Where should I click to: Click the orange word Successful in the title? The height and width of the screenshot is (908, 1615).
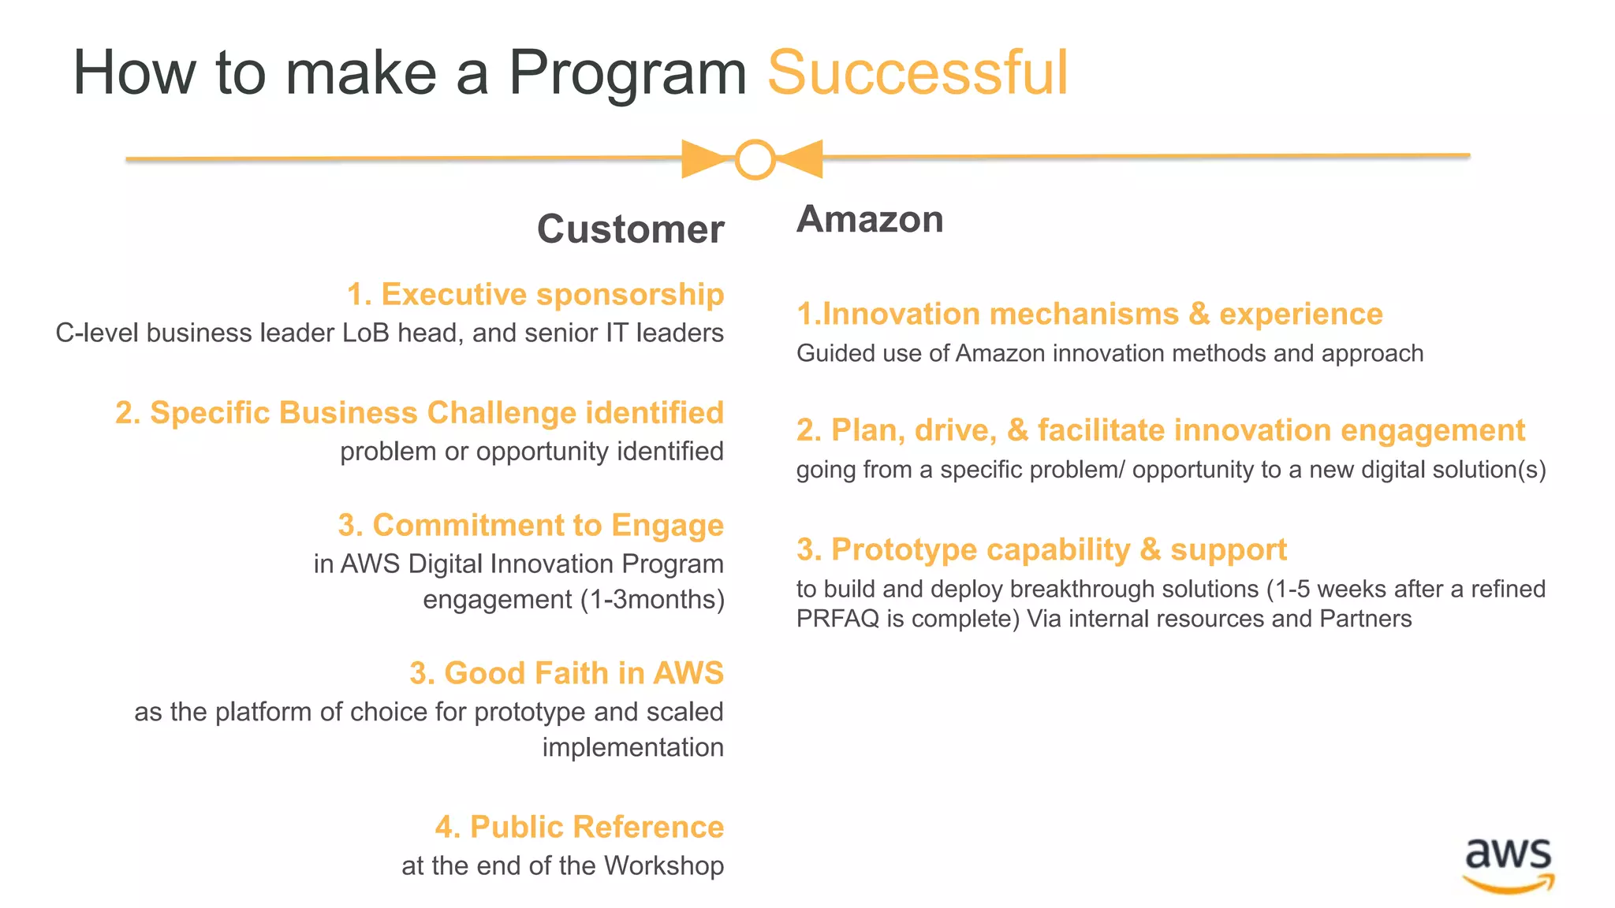pos(917,73)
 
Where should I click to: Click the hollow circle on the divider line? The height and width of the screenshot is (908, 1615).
pos(755,159)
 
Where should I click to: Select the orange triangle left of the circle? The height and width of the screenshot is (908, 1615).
pos(702,158)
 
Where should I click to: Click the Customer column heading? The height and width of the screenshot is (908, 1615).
pos(630,229)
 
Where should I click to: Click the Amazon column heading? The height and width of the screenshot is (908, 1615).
pos(870,219)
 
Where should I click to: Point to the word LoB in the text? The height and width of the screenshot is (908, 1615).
pos(366,333)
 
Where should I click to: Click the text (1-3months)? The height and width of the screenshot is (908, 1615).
pos(652,600)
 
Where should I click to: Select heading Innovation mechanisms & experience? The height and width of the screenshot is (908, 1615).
pos(1089,314)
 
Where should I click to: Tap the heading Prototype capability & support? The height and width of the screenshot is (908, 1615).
pos(1041,549)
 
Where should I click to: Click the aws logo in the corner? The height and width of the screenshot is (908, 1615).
pos(1508,863)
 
